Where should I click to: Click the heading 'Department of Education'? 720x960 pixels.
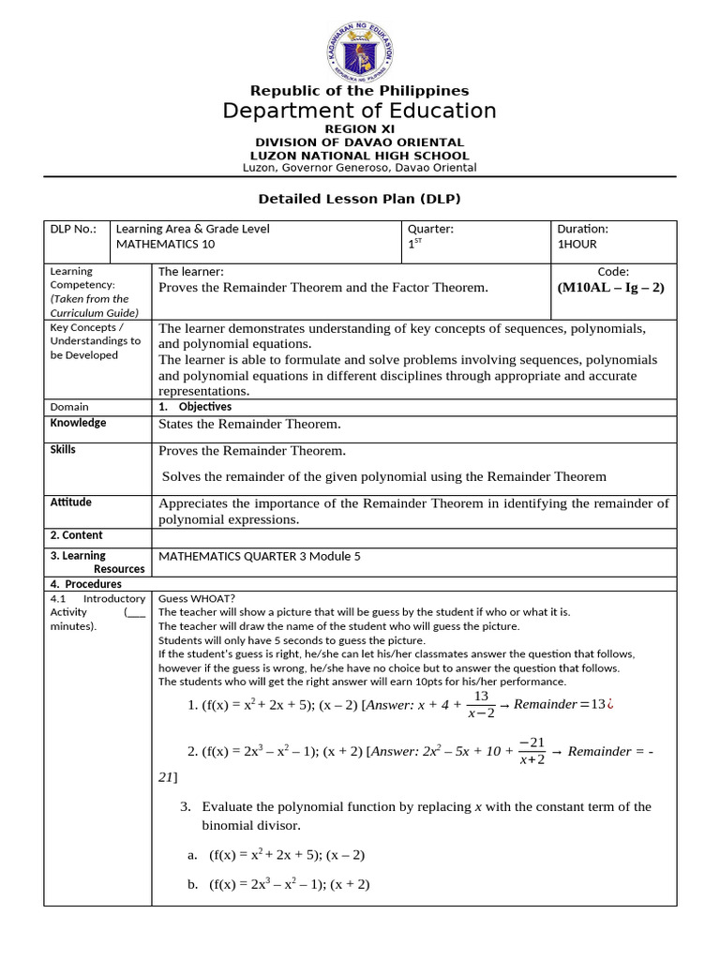360,112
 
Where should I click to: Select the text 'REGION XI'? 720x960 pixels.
360,128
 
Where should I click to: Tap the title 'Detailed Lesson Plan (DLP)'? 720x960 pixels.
360,199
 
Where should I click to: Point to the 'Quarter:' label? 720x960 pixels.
430,229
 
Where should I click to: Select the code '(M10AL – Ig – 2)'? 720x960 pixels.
610,287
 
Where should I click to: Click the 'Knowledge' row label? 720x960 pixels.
78,423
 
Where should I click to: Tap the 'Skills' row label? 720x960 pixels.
63,450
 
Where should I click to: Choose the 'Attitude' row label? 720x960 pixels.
70,502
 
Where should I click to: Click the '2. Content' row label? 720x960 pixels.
76,537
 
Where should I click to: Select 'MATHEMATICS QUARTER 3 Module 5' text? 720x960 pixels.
260,556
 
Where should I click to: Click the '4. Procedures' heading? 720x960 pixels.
86,584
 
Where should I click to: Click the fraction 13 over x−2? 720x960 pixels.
481,705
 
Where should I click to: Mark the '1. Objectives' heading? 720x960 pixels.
195,407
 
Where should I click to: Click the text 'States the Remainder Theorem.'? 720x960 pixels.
249,425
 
